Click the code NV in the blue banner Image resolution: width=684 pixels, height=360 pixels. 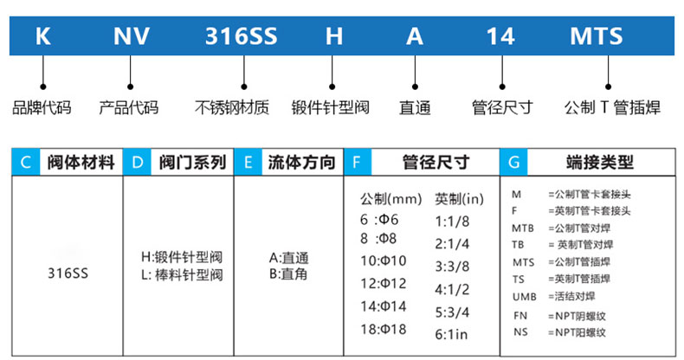click(x=132, y=37)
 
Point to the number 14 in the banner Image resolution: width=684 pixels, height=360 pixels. click(x=500, y=37)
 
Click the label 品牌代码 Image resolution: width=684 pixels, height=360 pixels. click(x=42, y=108)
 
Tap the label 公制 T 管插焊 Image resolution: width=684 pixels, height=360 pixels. click(x=611, y=108)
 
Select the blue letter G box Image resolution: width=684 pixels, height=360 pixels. click(x=513, y=162)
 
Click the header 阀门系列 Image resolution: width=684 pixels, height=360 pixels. click(x=193, y=162)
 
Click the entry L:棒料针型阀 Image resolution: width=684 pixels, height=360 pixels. click(x=182, y=275)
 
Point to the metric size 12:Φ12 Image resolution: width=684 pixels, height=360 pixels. click(x=384, y=284)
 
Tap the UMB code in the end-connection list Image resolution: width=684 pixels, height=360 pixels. click(x=524, y=296)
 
